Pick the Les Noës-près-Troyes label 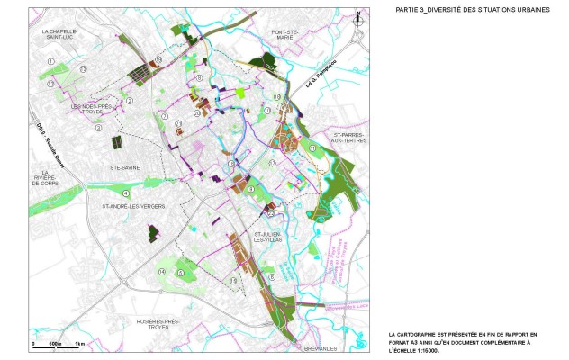[x=91, y=109]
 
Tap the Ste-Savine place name [x=124, y=167]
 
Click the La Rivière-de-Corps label [x=46, y=176]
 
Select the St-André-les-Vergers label [x=134, y=206]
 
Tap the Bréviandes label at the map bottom [x=292, y=347]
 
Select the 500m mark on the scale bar [x=54, y=346]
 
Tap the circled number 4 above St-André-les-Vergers [x=126, y=193]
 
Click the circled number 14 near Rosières [x=162, y=271]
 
